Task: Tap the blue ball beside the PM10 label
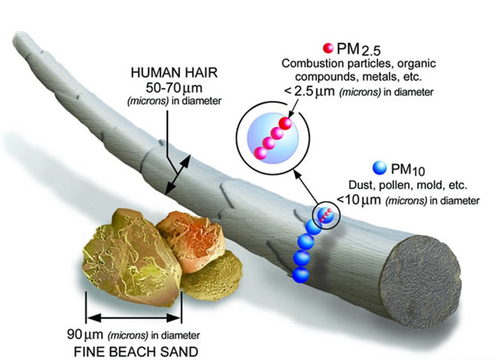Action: pyautogui.click(x=378, y=167)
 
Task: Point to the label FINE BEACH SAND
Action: pyautogui.click(x=134, y=349)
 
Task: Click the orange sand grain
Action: pyautogui.click(x=188, y=237)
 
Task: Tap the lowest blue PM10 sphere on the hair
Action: pyautogui.click(x=301, y=275)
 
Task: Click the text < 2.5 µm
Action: pyautogui.click(x=314, y=92)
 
